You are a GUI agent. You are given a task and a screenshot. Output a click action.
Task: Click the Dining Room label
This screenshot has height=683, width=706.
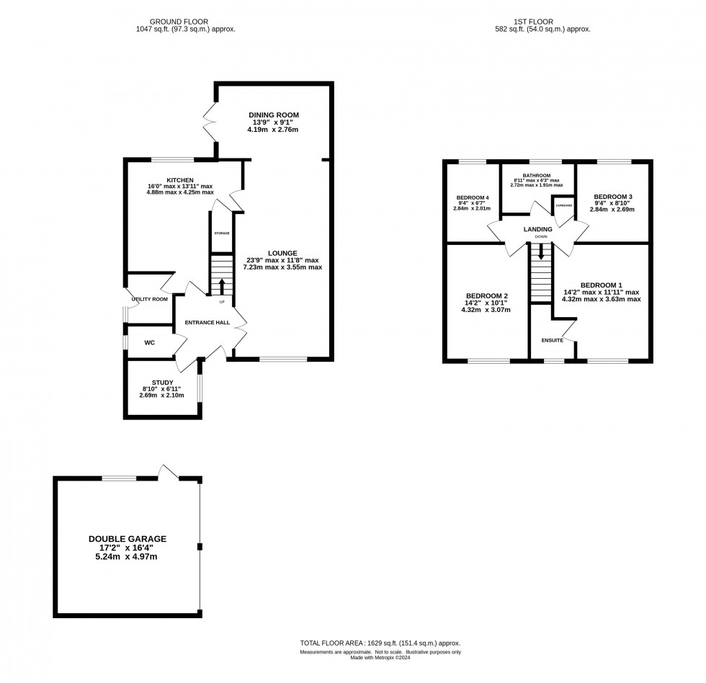[x=273, y=115]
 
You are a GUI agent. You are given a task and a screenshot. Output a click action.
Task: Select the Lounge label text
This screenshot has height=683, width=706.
[x=282, y=253]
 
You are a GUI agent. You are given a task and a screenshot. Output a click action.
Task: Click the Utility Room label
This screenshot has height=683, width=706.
[x=150, y=299]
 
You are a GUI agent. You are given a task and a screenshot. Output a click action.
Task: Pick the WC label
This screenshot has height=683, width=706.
[x=150, y=343]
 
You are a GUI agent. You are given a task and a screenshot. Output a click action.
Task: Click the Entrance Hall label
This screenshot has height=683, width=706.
[x=207, y=322]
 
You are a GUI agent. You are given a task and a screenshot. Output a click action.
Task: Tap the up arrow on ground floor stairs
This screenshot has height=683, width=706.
[x=222, y=283]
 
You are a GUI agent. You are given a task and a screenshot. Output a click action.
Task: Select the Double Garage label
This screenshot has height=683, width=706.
[x=128, y=539]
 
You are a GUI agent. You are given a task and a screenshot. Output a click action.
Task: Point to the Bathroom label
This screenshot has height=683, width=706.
[x=537, y=175]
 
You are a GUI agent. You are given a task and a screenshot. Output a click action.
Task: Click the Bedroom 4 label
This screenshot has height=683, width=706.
[x=472, y=197]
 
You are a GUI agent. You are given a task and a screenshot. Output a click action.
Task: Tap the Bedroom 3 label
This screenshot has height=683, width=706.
[x=612, y=197]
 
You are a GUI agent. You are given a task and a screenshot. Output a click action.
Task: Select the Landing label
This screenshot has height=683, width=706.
[x=538, y=229]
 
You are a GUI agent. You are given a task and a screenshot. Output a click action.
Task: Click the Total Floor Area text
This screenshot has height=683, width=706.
[x=380, y=643]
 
